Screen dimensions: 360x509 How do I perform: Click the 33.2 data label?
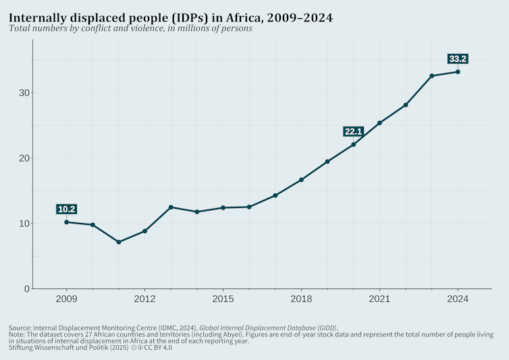458,59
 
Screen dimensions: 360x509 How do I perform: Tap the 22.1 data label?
354,131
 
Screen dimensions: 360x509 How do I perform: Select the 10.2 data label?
66,209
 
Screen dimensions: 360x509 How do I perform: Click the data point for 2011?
119,242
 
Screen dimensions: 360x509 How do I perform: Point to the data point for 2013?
171,207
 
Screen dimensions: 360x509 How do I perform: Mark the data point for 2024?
458,72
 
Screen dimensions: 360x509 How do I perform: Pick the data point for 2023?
431,76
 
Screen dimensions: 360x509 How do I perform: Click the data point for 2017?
275,195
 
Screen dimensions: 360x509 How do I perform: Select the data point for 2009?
66,222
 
